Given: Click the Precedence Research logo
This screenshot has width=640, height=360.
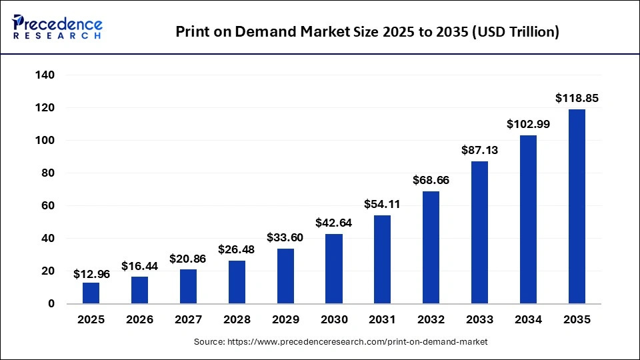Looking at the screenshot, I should (x=57, y=27).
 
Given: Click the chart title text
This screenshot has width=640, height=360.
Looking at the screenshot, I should (x=367, y=31).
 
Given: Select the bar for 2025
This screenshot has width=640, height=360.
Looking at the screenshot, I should (x=91, y=293).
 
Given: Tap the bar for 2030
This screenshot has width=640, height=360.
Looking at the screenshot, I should (x=334, y=269).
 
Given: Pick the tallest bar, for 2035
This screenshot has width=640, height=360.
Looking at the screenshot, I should (x=577, y=207).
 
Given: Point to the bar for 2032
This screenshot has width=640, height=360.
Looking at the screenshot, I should (x=431, y=247).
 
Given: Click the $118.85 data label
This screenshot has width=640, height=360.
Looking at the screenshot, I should (x=577, y=98).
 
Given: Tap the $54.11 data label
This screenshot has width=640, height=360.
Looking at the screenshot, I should (x=383, y=204).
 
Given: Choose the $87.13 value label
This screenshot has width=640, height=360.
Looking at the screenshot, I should (x=480, y=151).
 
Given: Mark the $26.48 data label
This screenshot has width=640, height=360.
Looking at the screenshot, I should (x=237, y=249).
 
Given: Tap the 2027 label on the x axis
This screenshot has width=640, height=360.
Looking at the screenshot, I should (x=188, y=319).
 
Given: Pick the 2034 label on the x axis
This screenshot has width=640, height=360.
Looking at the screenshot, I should (x=528, y=319).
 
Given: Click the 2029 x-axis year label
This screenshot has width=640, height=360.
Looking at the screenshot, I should (x=285, y=319).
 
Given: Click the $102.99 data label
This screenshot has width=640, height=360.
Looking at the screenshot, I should (x=528, y=124).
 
